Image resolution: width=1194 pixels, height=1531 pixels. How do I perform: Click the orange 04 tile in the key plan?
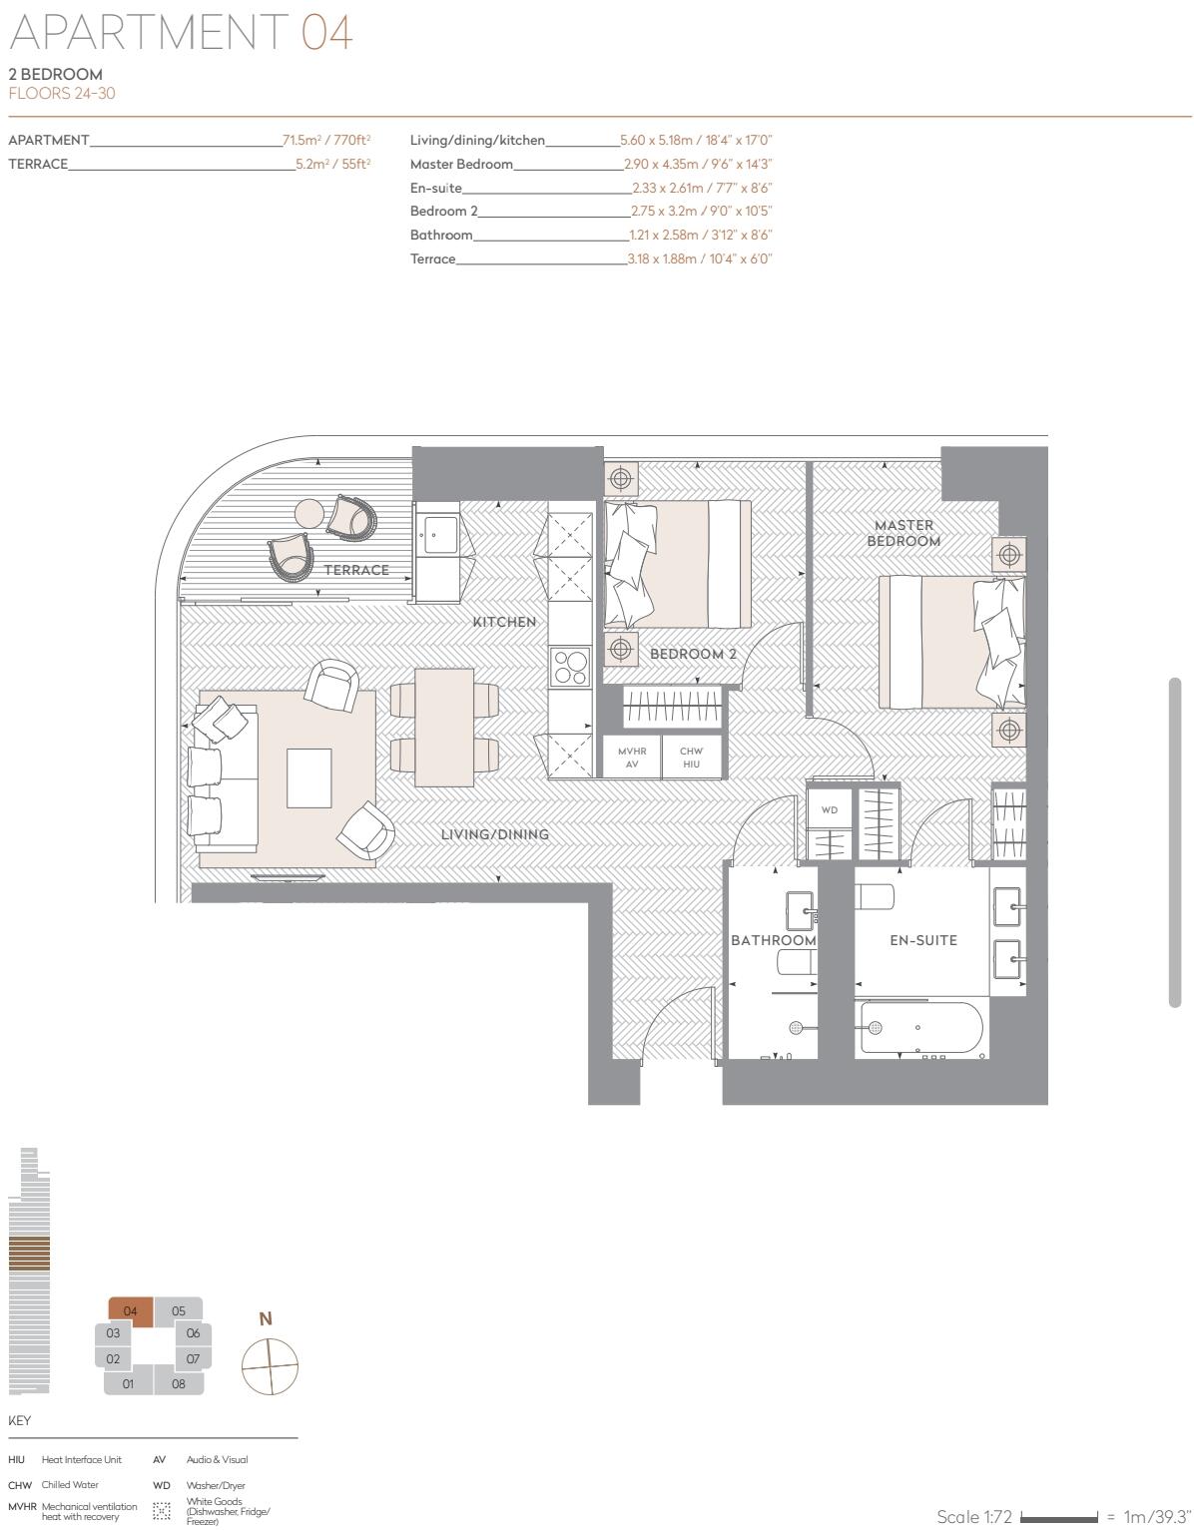pos(130,1311)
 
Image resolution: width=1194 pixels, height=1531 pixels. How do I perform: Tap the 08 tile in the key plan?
pos(179,1383)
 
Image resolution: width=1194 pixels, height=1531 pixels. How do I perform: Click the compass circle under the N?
pos(270,1366)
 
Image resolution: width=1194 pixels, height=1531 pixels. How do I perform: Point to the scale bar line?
pos(1059,1517)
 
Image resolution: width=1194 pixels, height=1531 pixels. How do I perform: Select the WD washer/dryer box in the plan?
pos(830,810)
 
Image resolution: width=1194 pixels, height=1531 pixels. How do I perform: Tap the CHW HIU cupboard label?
pos(691,758)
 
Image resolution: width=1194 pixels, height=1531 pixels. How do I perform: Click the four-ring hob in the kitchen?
pos(571,667)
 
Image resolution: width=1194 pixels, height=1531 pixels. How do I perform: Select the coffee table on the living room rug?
pos(309,777)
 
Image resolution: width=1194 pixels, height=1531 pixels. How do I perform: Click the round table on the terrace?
pos(310,513)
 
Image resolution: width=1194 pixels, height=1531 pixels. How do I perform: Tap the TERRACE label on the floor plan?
pos(356,570)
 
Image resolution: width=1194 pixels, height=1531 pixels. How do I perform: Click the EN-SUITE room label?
pos(923,940)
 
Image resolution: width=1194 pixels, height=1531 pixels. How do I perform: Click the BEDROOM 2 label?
pos(693,654)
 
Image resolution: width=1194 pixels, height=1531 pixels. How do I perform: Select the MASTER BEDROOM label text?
pos(903,533)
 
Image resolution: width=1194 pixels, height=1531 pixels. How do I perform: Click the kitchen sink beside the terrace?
pos(437,535)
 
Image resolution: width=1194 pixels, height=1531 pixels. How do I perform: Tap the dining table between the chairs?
pos(444,728)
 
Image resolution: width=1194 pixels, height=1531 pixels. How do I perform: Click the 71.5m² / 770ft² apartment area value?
pos(326,141)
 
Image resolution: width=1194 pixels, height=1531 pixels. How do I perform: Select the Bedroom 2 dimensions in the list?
pos(701,212)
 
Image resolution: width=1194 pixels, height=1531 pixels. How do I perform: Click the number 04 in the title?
pos(326,32)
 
